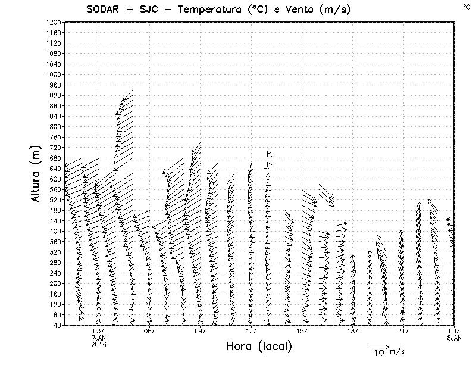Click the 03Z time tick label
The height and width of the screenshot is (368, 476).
(x=99, y=330)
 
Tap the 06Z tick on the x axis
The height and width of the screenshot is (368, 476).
(x=149, y=330)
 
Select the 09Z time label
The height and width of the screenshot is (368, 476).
(x=201, y=330)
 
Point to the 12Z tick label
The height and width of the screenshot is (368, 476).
(x=251, y=330)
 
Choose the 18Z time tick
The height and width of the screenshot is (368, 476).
(x=353, y=330)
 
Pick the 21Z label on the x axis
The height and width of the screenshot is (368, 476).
(x=403, y=330)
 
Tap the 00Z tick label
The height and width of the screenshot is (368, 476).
(x=454, y=330)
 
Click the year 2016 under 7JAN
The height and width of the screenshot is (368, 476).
(x=99, y=344)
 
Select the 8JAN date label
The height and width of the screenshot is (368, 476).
(x=454, y=337)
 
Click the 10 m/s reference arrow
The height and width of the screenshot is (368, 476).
(x=378, y=346)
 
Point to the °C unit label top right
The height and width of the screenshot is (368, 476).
(x=466, y=6)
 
